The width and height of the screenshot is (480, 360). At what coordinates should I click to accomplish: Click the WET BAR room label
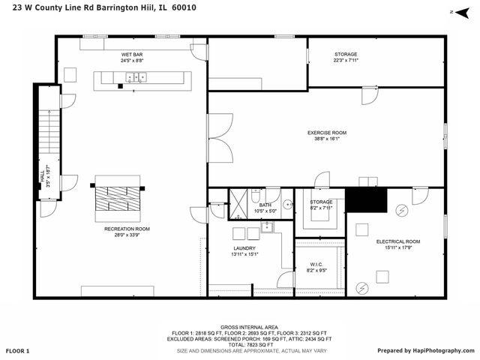(x=133, y=54)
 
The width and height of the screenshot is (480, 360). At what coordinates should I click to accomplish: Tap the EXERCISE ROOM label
(x=327, y=133)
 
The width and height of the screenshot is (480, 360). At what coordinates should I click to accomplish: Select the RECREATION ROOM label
(x=127, y=229)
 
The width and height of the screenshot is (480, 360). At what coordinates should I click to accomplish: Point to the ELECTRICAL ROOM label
(x=397, y=241)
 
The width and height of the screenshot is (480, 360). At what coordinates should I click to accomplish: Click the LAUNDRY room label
(x=244, y=248)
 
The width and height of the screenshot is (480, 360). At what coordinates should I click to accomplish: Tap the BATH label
(x=265, y=205)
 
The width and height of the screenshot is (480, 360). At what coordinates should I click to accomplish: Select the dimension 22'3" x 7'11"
(x=346, y=60)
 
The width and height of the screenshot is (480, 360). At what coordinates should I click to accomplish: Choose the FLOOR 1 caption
(x=17, y=350)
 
